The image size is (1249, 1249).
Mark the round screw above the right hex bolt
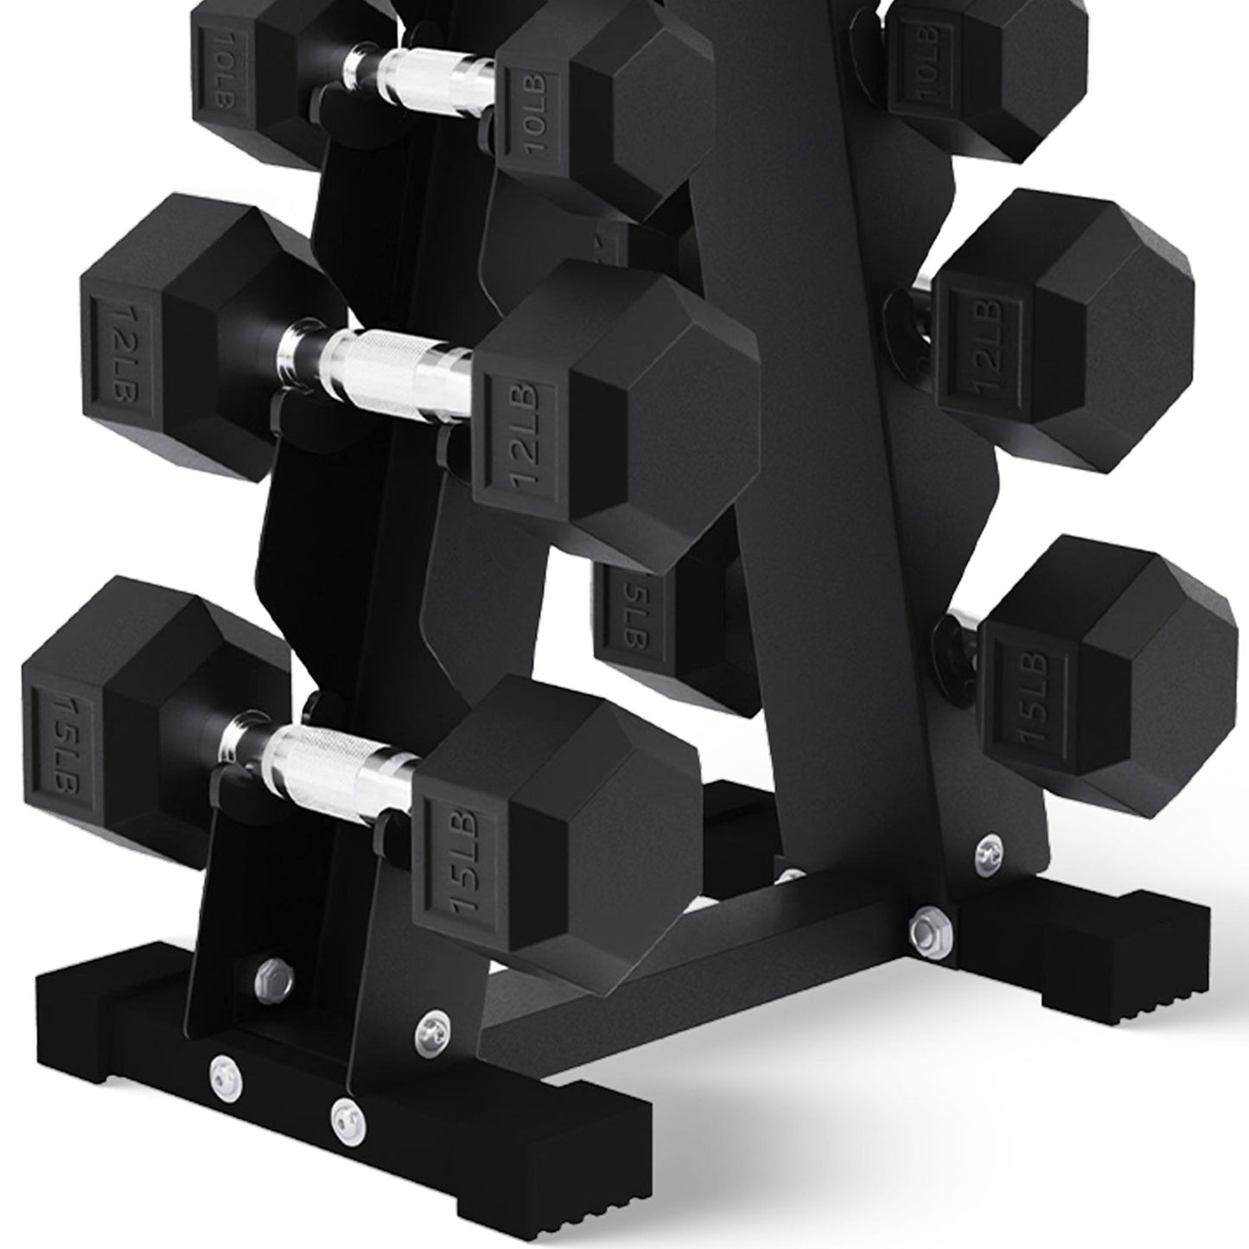(985, 852)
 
